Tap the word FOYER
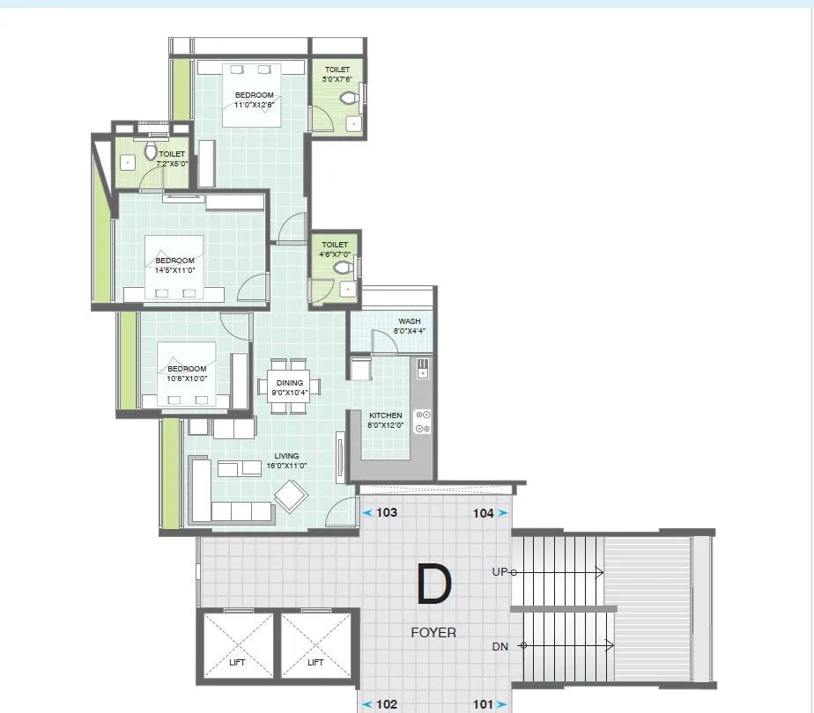433,632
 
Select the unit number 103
387,512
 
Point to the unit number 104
483,512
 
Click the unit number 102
387,704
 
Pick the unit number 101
483,704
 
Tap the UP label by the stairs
499,572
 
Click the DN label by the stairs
500,647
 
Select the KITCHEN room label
385,415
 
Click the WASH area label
409,321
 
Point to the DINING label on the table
289,383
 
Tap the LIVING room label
286,456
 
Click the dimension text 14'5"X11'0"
174,270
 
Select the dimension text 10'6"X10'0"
187,379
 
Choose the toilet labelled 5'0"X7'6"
337,78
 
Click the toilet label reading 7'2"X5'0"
172,164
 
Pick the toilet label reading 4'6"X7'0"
335,254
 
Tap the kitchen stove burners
422,422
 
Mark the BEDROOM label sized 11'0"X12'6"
254,95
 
